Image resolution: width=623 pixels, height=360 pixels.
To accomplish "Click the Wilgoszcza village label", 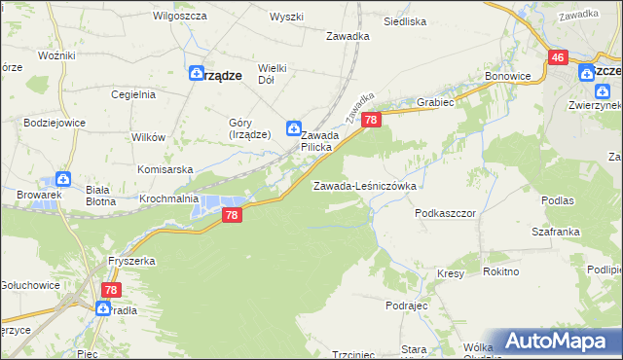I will tap(176, 18).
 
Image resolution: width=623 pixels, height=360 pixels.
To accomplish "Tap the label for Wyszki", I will tap(287, 18).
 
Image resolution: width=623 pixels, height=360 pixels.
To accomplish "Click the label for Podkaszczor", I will tap(444, 212).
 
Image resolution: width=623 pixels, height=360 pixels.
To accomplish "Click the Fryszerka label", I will tap(133, 262).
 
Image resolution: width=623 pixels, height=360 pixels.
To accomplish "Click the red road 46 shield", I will tap(558, 58).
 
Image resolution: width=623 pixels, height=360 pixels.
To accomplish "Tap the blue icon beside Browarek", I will tap(63, 179).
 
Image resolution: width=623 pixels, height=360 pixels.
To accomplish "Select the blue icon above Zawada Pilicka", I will tap(293, 127).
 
